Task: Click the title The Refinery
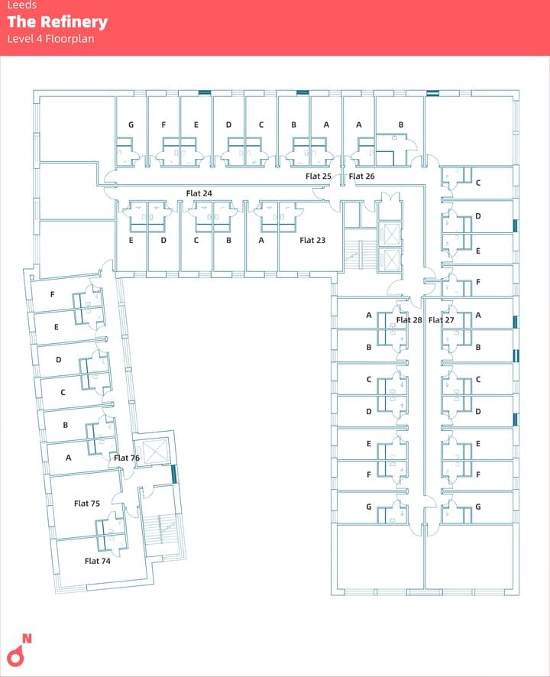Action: click(57, 22)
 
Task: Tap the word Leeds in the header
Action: click(22, 5)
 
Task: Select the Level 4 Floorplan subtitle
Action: click(50, 39)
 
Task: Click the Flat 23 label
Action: click(312, 240)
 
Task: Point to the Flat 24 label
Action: click(199, 193)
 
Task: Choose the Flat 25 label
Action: click(319, 177)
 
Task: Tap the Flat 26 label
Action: click(361, 177)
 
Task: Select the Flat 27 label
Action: click(441, 320)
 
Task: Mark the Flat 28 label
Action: click(409, 320)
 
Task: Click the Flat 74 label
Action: click(97, 561)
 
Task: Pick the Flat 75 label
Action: click(87, 504)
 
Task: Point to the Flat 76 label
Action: click(126, 458)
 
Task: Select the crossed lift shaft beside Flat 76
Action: click(155, 451)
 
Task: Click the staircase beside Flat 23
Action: click(353, 252)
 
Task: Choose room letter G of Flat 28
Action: click(369, 507)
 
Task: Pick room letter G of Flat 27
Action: click(478, 507)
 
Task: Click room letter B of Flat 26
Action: click(401, 125)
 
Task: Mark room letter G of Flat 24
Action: click(131, 125)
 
